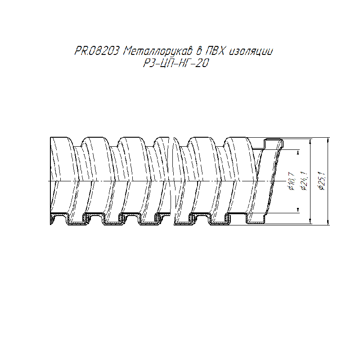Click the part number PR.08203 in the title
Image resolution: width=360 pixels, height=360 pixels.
(x=97, y=51)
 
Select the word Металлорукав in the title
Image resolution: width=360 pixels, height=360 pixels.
(x=158, y=51)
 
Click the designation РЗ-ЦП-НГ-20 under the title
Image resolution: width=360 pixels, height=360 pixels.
(x=176, y=63)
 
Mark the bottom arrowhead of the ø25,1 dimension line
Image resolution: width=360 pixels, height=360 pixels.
(x=328, y=222)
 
